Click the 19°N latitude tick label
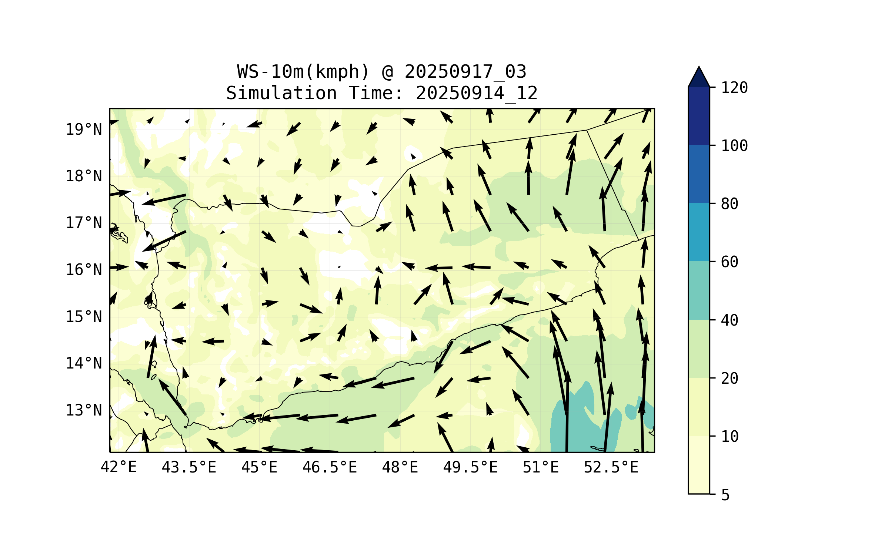84,129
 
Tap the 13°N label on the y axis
84,410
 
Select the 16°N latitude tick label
84,270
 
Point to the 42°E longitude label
118,467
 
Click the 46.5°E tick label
330,467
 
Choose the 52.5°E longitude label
611,467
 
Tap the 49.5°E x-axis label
470,467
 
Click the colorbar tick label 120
734,88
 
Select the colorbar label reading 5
725,495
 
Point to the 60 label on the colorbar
730,262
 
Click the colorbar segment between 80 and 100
699,174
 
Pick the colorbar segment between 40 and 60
699,290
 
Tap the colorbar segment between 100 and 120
699,116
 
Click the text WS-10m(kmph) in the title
303,71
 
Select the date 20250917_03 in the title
465,71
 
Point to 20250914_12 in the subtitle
477,93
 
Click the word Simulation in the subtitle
281,93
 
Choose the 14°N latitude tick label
84,363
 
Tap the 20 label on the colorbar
730,378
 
